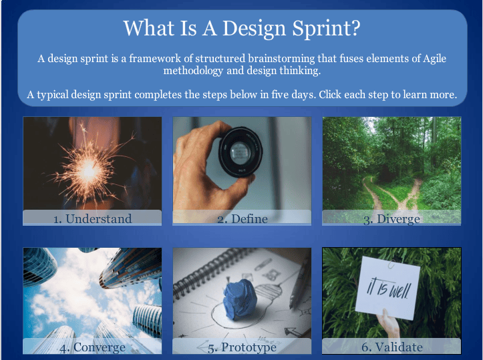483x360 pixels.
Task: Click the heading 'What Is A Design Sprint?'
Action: click(x=242, y=29)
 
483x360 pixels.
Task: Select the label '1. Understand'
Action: click(x=92, y=218)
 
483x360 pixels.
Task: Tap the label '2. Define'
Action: click(x=243, y=219)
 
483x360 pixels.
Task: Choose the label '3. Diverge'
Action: click(x=391, y=219)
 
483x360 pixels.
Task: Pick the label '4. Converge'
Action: click(x=92, y=347)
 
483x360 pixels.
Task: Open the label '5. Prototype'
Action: click(x=242, y=348)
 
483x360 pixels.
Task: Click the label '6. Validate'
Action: click(x=392, y=347)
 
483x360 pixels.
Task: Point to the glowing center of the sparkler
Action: click(x=89, y=170)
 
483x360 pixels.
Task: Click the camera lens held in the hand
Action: click(x=240, y=152)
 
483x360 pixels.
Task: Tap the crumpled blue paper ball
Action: click(x=240, y=298)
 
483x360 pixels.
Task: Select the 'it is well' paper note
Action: click(x=387, y=289)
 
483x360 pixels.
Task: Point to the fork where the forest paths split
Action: click(x=397, y=201)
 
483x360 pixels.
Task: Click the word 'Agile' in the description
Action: click(x=434, y=59)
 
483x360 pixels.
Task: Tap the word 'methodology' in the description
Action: click(x=193, y=71)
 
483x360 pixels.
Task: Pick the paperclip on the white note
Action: click(x=391, y=264)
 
